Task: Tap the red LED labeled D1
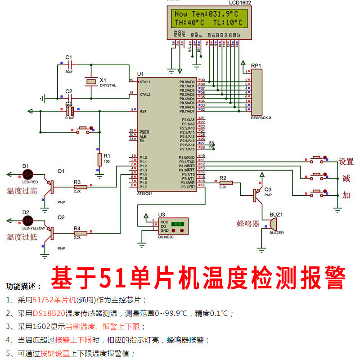coord(28,173)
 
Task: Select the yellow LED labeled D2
coord(28,220)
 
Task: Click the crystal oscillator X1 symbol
coord(92,81)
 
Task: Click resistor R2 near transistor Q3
coord(225,182)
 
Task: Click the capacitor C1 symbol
coord(68,64)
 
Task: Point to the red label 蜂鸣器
coord(249,223)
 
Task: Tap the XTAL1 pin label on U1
coord(145,82)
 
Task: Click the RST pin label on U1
coord(143,111)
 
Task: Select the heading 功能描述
coord(24,286)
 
